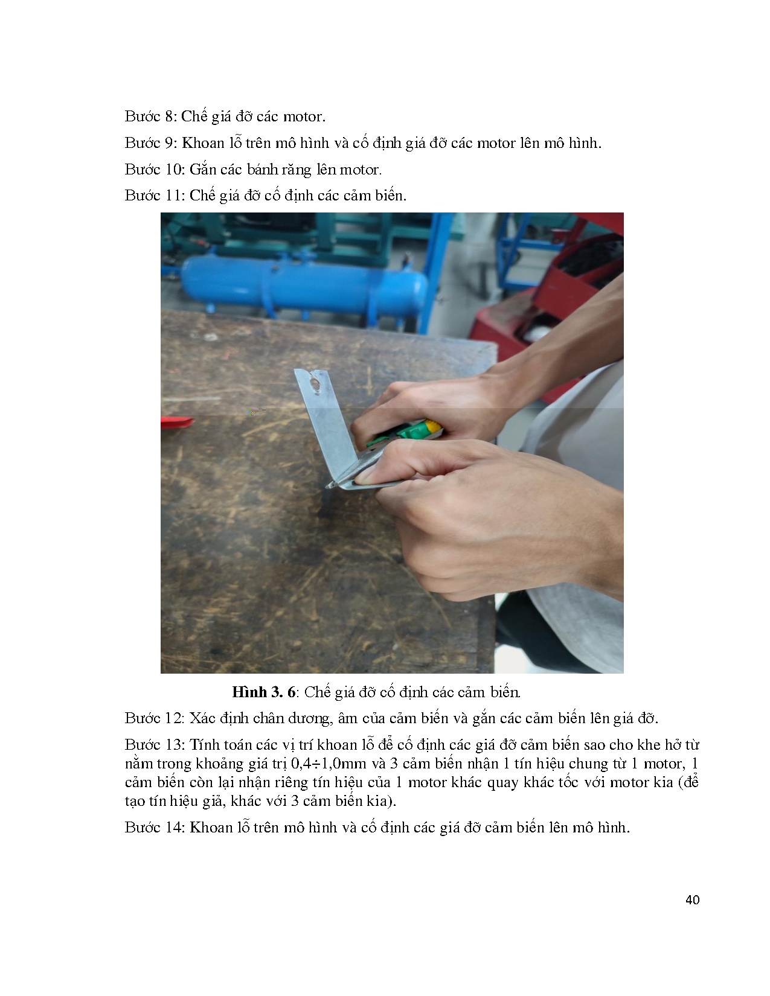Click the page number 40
[x=693, y=900]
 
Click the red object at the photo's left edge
[x=176, y=423]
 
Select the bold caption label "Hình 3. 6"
[x=264, y=692]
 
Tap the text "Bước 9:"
[x=150, y=143]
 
